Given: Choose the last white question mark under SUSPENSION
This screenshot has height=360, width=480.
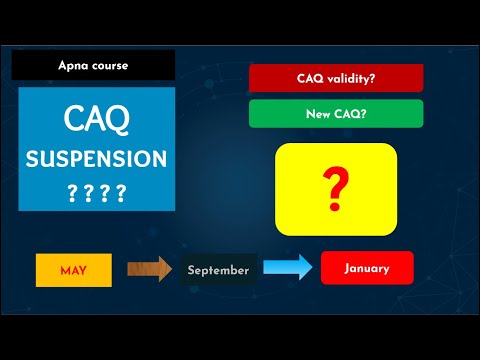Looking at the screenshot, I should [121, 192].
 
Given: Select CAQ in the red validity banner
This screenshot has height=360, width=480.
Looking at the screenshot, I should [311, 78].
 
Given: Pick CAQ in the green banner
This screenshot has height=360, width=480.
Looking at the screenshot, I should [347, 114].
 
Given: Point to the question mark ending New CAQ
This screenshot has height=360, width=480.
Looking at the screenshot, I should [364, 114].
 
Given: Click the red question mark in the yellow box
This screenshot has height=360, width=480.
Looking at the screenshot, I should [336, 183].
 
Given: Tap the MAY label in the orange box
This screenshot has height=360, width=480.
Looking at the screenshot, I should [73, 270].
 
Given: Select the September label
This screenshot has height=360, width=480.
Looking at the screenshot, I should [217, 270].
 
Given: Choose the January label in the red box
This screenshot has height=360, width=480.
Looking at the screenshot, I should [366, 268].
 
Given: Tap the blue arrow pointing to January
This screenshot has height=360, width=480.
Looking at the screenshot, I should [290, 268].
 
